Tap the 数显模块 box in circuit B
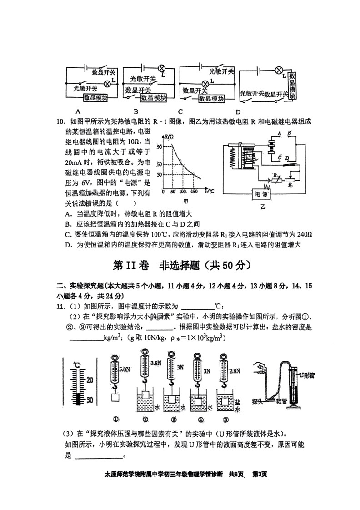click(153, 97)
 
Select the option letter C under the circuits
click(180, 111)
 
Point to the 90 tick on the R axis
click(159, 147)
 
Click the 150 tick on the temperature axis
click(194, 192)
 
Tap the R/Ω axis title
click(169, 136)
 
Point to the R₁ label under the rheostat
click(290, 185)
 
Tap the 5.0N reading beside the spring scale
click(124, 369)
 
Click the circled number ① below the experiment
click(116, 419)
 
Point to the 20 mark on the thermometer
click(90, 379)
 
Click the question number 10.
click(59, 121)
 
